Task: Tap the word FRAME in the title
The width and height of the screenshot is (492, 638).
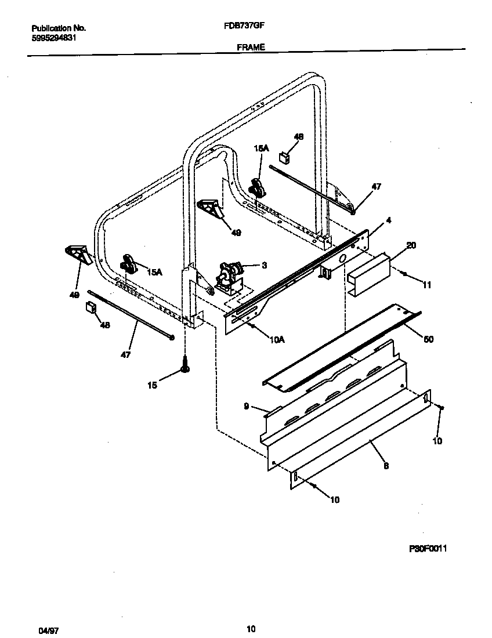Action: click(251, 48)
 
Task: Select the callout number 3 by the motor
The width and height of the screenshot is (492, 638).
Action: click(264, 265)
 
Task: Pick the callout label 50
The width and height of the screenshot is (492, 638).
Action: click(429, 339)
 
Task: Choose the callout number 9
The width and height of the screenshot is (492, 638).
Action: click(247, 407)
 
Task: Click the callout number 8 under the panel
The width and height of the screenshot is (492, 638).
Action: click(386, 465)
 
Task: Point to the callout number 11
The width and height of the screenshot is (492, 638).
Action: click(428, 285)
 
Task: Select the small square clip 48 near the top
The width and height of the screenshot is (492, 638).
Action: click(284, 156)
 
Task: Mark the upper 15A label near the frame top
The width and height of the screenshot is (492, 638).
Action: click(262, 148)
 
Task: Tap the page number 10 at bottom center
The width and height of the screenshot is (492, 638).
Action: click(251, 629)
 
